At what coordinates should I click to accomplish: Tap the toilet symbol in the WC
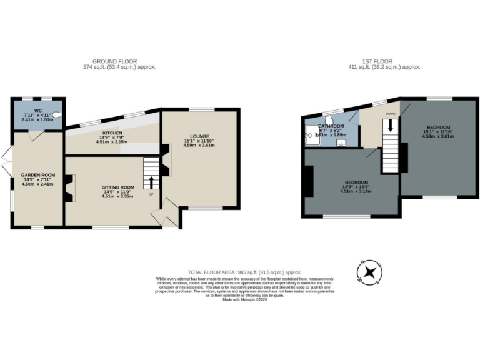57,115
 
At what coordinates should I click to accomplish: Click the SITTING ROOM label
119,187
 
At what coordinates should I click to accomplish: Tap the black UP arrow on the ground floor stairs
150,182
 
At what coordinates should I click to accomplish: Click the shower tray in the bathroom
311,134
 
